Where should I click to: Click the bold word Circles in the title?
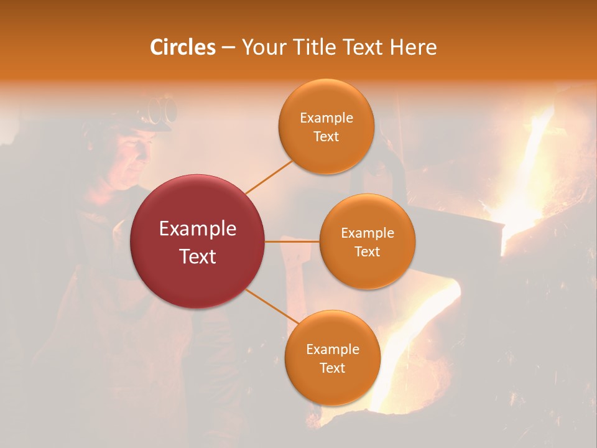point(183,47)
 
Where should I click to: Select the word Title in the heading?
point(314,47)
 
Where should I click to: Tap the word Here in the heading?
point(414,47)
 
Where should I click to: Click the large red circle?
point(198,241)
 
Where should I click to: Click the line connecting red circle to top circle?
point(269,177)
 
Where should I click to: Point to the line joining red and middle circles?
point(292,241)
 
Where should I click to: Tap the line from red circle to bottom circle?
point(272,307)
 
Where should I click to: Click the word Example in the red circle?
point(198,229)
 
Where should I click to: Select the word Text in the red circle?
point(198,256)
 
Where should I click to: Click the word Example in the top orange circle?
point(326,118)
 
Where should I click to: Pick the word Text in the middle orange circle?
point(367,252)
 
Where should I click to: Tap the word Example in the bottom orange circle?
point(333,350)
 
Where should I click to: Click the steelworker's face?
point(134,156)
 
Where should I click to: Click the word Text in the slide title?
point(364,47)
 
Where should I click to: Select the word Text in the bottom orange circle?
point(332,368)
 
